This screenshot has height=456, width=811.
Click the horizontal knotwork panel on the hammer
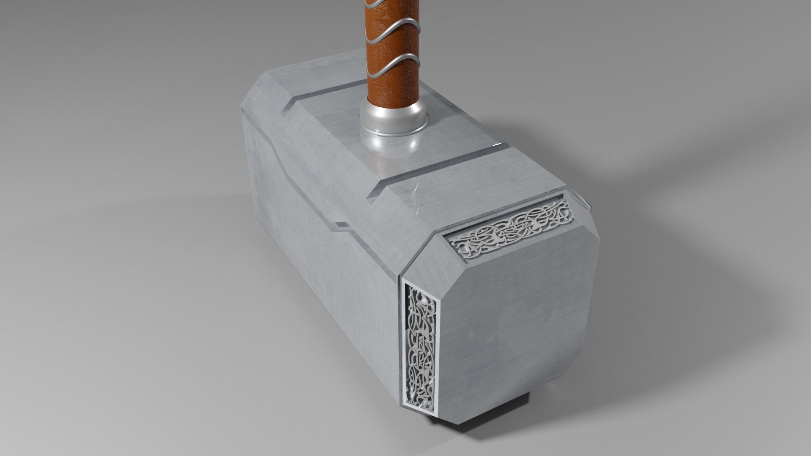[x=511, y=228]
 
